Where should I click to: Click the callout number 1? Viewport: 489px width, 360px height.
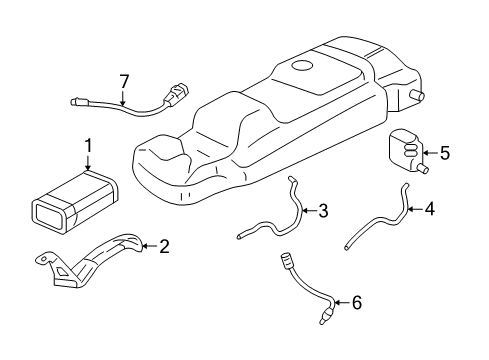pyautogui.click(x=88, y=146)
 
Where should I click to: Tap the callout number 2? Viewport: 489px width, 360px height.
pyautogui.click(x=164, y=245)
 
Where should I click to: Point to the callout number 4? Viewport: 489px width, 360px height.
pyautogui.click(x=430, y=210)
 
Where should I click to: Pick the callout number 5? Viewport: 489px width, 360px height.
pyautogui.click(x=445, y=153)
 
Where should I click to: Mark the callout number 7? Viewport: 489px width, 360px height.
pyautogui.click(x=124, y=81)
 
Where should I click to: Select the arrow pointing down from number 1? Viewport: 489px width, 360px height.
pyautogui.click(x=88, y=164)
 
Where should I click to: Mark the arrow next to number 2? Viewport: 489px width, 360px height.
pyautogui.click(x=148, y=245)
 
